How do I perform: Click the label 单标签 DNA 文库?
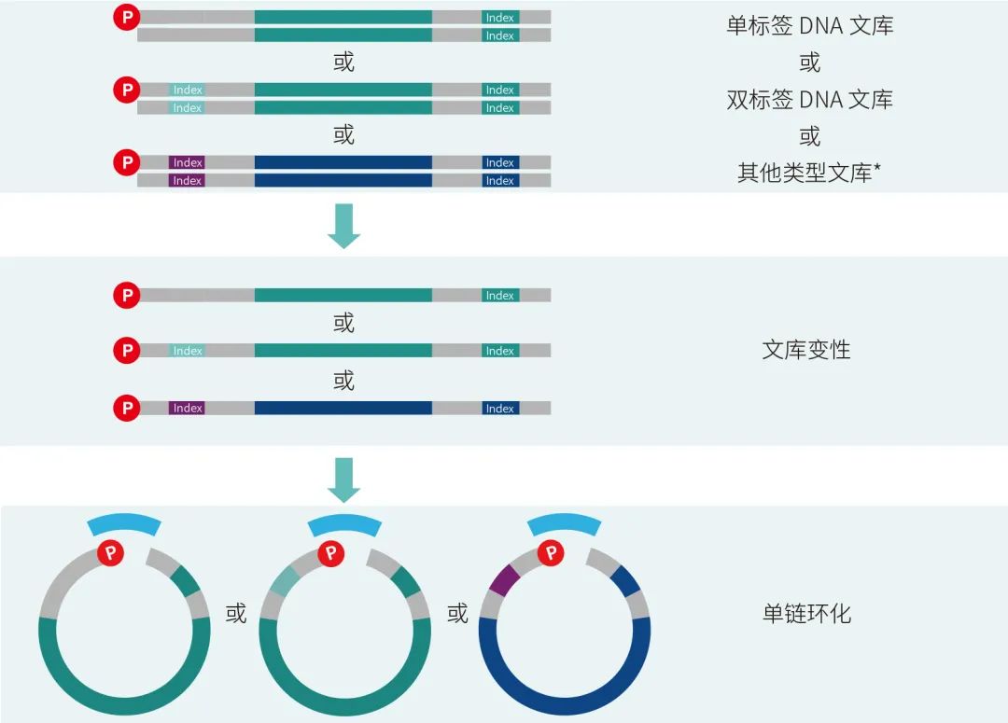(x=809, y=25)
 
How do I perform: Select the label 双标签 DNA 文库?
(x=809, y=99)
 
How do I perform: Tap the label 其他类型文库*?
(x=809, y=173)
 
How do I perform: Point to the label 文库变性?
(x=806, y=350)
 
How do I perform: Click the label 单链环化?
(x=806, y=614)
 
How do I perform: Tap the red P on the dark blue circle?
(x=553, y=554)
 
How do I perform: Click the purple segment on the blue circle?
(x=504, y=579)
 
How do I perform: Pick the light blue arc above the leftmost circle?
(x=124, y=524)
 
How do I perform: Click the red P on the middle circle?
(x=331, y=554)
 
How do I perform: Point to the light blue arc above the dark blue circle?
(x=565, y=524)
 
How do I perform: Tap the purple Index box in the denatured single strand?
(x=188, y=408)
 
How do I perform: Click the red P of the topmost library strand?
(x=126, y=17)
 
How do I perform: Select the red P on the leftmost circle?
(x=112, y=554)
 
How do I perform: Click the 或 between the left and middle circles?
(x=236, y=614)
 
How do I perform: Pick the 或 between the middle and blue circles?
(x=457, y=614)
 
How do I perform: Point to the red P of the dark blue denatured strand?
(x=126, y=408)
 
